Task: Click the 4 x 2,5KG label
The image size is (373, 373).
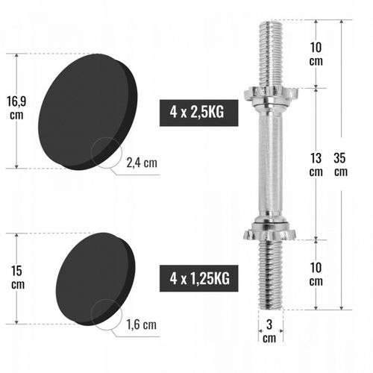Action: coord(192,113)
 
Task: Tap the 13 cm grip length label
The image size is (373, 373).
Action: coord(316,165)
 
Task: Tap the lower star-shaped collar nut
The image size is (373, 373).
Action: coord(269,229)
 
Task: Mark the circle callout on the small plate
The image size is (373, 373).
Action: coord(106,313)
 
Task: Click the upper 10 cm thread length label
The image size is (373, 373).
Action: coord(316,54)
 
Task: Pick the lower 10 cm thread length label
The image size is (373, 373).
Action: coord(316,275)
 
